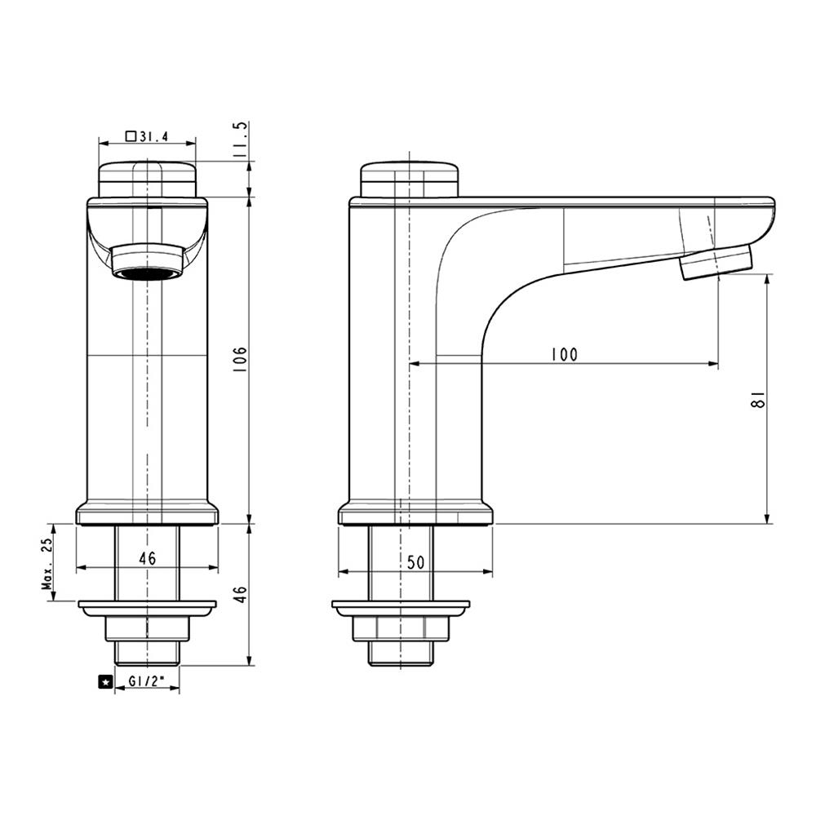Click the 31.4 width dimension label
[153, 137]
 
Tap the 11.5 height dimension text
[240, 140]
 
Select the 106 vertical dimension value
[240, 359]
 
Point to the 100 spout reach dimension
[563, 354]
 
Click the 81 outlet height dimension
[757, 399]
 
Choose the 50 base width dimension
[415, 562]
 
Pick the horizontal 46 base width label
[147, 559]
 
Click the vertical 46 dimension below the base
[240, 594]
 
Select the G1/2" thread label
[147, 681]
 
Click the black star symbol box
[104, 681]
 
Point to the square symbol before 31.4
[131, 137]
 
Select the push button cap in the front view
[147, 179]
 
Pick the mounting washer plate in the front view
[147, 608]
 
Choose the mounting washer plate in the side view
[401, 608]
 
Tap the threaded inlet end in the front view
[147, 653]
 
